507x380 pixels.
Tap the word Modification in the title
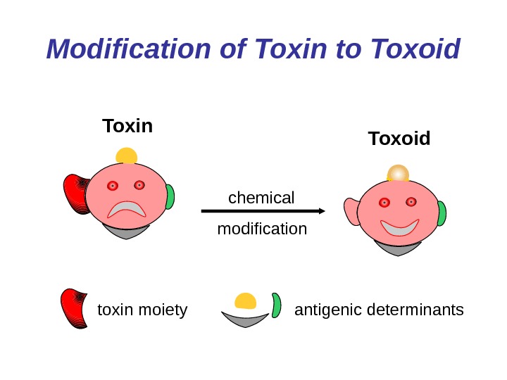pos(127,49)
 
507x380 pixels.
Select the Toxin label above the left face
pos(127,126)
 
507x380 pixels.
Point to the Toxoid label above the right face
pos(399,139)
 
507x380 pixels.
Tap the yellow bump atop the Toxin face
pos(127,156)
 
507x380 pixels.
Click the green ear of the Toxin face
pos(170,197)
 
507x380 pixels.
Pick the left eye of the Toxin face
pos(112,186)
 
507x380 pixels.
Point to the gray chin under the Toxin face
pos(127,230)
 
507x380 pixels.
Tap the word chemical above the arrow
pos(261,198)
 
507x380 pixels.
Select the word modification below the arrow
pos(262,229)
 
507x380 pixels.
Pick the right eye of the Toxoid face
pos(411,203)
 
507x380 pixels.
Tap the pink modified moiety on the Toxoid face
pos(351,210)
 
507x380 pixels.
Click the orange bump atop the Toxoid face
pos(399,173)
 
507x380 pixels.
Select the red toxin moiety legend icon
pos(74,308)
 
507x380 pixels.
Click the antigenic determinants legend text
pos(379,310)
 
